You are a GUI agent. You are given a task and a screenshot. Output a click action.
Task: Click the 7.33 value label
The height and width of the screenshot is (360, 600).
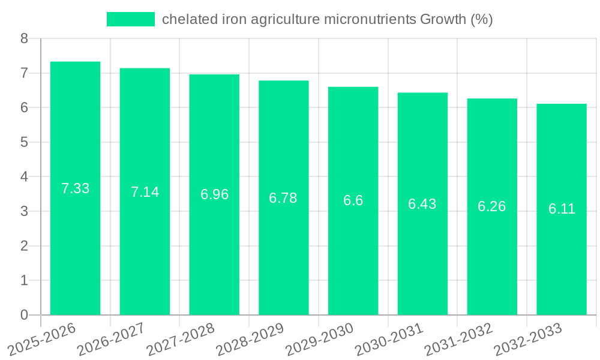[76, 188]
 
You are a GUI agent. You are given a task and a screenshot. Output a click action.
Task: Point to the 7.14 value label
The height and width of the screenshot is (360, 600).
[145, 192]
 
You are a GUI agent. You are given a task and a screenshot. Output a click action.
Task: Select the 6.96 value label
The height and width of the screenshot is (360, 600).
[214, 194]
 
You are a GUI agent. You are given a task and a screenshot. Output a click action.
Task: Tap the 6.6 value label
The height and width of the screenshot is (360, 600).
[353, 200]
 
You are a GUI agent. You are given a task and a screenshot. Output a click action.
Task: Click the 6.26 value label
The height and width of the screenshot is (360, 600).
[491, 206]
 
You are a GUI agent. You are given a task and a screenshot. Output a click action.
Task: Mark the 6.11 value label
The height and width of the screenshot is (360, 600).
[562, 209]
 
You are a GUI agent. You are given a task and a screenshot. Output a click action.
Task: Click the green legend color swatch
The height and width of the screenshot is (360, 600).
[130, 19]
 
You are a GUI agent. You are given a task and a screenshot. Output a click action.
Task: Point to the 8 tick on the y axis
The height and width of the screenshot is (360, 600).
[24, 38]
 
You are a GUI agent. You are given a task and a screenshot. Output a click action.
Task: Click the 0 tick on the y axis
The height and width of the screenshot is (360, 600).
[24, 315]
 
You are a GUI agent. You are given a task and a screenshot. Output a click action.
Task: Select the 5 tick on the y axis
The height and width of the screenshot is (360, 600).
[24, 142]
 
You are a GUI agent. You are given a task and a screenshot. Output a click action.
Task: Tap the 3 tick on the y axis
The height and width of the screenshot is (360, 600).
[24, 211]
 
